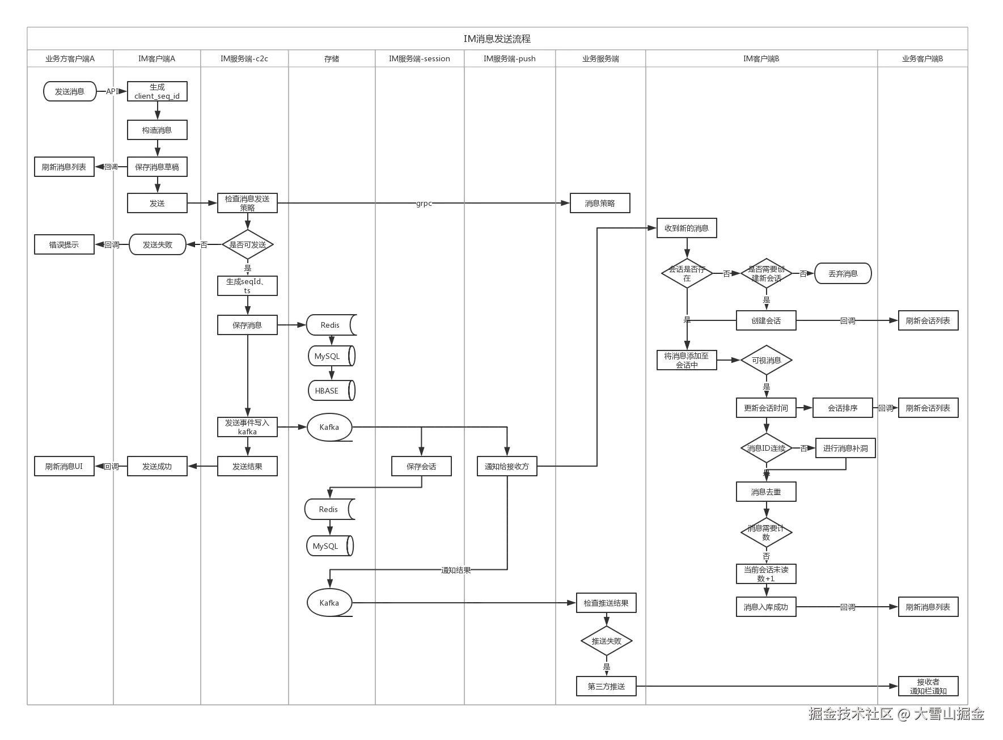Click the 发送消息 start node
click(x=70, y=91)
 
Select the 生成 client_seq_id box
click(x=157, y=91)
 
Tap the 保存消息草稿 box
click(x=157, y=167)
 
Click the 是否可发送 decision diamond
click(x=247, y=244)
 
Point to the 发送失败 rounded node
click(x=157, y=244)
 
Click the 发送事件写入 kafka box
click(x=247, y=427)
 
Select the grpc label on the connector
click(x=424, y=202)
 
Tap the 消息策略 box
click(x=599, y=203)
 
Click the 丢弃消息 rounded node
click(x=843, y=273)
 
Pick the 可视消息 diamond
click(x=766, y=360)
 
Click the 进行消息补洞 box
click(x=845, y=448)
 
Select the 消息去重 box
click(x=766, y=492)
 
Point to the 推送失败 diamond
click(x=606, y=641)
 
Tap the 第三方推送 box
click(x=606, y=686)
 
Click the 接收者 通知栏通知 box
click(x=928, y=686)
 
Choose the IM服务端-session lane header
click(x=419, y=58)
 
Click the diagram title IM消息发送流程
click(x=497, y=39)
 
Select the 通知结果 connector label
click(x=456, y=570)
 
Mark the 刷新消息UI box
click(x=64, y=466)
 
